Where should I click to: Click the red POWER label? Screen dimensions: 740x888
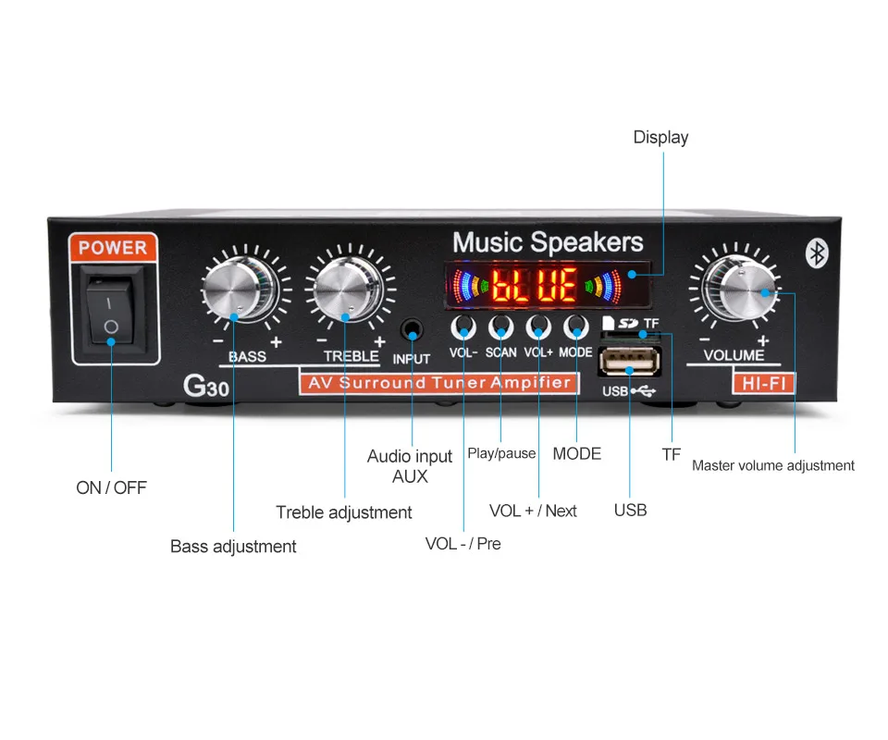(113, 248)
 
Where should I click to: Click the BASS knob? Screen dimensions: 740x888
(239, 290)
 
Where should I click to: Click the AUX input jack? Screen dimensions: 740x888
(413, 329)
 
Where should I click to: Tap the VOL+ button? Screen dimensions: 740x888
(538, 327)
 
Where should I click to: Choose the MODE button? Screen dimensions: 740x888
(576, 327)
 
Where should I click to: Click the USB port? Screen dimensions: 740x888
(629, 361)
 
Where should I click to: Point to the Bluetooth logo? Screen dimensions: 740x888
(816, 253)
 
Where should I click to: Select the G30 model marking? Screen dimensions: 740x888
(205, 385)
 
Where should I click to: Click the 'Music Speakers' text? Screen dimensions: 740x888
(548, 242)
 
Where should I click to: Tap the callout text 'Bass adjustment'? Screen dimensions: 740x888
(233, 547)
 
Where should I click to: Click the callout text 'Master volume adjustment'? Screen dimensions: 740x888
(773, 465)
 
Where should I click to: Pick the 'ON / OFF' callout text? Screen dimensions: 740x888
(111, 487)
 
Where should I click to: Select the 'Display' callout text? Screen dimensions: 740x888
(660, 138)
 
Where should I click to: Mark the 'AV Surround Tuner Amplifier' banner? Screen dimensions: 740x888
(438, 383)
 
